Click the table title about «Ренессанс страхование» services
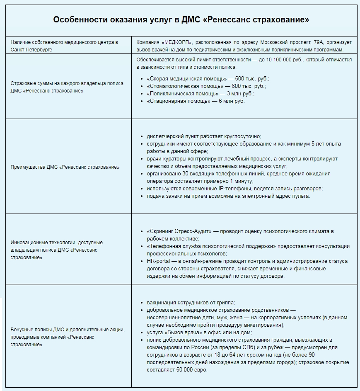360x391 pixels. pos(181,20)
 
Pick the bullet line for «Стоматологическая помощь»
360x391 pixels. pos(206,86)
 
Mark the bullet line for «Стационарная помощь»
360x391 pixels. pos(196,101)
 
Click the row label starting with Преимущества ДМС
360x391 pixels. pos(65,167)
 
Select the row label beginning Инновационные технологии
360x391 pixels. pos(57,250)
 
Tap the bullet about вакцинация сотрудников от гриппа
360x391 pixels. pos(193,303)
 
